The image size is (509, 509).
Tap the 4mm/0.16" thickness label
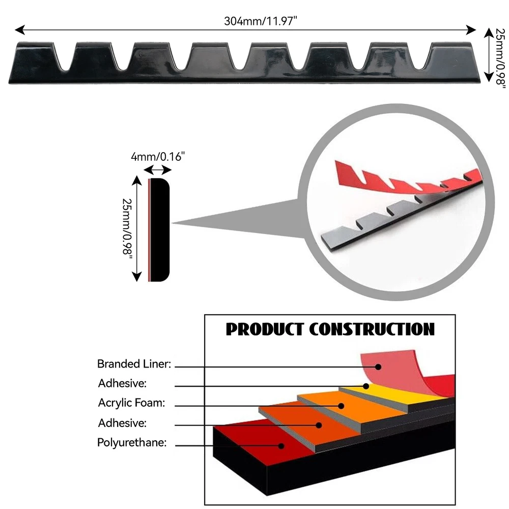pos(158,157)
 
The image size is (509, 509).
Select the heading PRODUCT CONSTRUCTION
pos(330,329)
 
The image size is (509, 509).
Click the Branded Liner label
pos(134,364)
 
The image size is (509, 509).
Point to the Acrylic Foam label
pos(131,403)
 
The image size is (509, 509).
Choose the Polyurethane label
pos(132,442)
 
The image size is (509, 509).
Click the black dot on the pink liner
pos(378,366)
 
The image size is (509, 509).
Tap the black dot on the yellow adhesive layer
pos(366,386)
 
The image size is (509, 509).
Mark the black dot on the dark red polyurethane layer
pos(280,445)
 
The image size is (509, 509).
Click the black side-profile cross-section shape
pos(159,229)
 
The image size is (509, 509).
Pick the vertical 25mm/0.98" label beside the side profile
pos(127,229)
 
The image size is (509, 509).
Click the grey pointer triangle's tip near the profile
pos(174,222)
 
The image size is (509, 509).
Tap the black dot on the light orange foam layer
pos(342,406)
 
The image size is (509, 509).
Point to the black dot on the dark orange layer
pos(319,425)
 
